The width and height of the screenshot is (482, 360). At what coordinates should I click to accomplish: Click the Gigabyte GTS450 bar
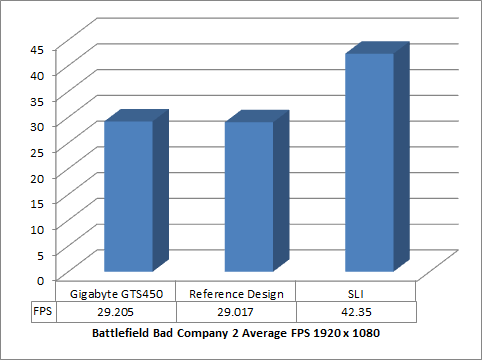[129, 195]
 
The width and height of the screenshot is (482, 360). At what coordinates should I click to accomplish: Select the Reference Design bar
[249, 195]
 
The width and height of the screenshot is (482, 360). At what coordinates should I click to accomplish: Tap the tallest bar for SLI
[369, 161]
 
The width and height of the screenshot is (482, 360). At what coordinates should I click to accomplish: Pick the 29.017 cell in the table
[237, 311]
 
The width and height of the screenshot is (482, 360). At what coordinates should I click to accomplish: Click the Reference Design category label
[237, 293]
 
